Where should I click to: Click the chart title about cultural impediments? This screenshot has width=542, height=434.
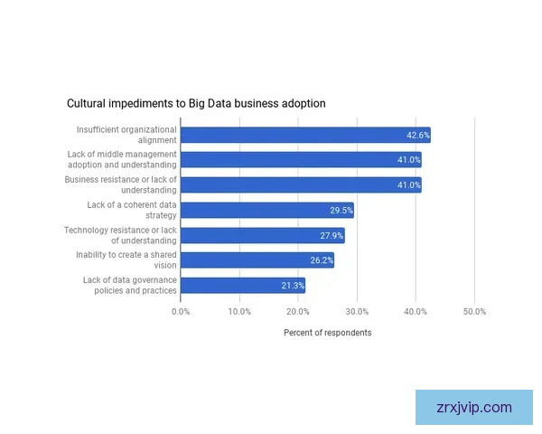(x=196, y=104)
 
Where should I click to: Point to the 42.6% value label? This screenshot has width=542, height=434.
(x=417, y=136)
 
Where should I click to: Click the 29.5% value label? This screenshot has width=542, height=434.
(x=341, y=211)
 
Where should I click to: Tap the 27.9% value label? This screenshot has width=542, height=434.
(x=332, y=236)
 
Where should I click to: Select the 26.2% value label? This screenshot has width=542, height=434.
(x=322, y=260)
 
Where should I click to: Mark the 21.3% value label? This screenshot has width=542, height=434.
(x=293, y=286)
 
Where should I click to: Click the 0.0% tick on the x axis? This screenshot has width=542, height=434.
(x=181, y=312)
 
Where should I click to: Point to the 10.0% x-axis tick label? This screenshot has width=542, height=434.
(x=239, y=312)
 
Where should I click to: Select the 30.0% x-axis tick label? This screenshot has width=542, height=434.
(x=357, y=312)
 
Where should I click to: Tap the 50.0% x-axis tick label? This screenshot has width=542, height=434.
(x=474, y=312)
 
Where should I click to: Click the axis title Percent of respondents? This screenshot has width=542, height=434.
(x=327, y=333)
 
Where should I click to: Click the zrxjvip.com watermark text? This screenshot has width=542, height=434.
(x=473, y=407)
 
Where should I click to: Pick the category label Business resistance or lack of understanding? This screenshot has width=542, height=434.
(x=121, y=185)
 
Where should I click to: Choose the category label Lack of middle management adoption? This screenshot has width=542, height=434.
(x=122, y=160)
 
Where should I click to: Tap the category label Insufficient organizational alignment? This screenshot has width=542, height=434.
(x=126, y=135)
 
